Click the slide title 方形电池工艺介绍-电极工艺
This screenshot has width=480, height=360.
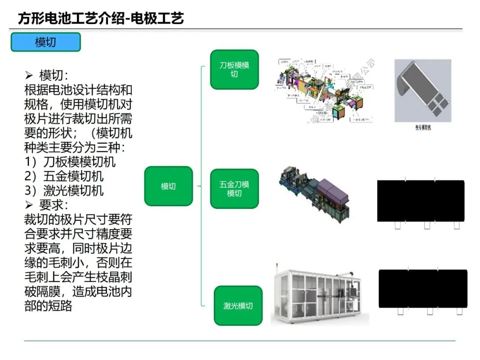101,18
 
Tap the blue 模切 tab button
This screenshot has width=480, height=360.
46,42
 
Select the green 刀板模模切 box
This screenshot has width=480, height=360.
234,69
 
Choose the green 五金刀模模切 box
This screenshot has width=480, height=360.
234,188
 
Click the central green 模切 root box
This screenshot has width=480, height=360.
168,186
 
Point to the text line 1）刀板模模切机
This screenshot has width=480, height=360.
70,162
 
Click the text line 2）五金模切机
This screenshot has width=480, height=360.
64,176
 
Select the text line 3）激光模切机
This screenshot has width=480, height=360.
64,190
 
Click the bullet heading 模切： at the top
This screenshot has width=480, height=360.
53,75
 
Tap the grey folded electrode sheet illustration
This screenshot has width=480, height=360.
423,91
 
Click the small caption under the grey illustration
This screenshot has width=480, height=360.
423,128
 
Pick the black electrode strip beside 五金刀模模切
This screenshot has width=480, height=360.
420,201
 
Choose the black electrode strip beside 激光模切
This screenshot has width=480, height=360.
423,288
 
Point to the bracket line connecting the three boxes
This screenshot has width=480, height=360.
202,186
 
